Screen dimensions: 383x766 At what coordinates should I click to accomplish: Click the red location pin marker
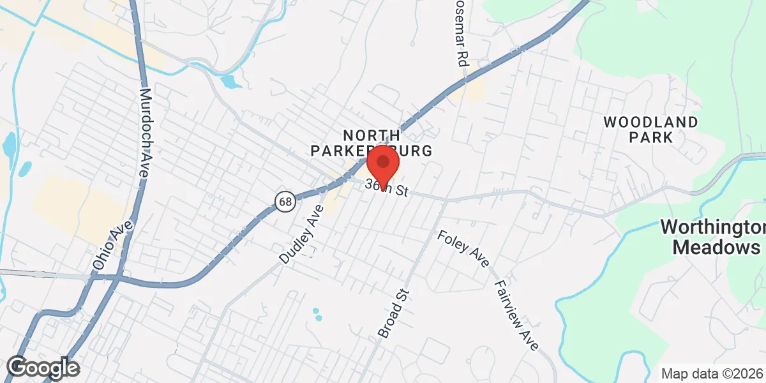point(383,163)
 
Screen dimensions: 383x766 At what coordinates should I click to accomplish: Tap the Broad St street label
point(393,313)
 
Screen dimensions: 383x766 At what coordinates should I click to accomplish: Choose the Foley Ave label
point(463,249)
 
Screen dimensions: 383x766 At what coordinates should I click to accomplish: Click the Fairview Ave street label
point(516,315)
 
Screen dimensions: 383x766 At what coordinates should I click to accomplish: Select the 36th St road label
point(387,188)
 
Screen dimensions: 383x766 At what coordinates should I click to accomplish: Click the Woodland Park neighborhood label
point(650,129)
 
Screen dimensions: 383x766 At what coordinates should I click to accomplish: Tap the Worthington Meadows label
point(713,237)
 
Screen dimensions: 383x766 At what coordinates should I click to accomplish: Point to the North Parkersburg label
point(372,143)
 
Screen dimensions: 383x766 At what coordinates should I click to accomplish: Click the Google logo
point(43,368)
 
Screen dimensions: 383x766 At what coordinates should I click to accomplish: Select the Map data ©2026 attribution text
point(712,374)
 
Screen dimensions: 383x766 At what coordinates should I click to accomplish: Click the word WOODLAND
point(650,121)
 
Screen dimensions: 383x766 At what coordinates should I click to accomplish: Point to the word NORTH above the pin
point(372,135)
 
